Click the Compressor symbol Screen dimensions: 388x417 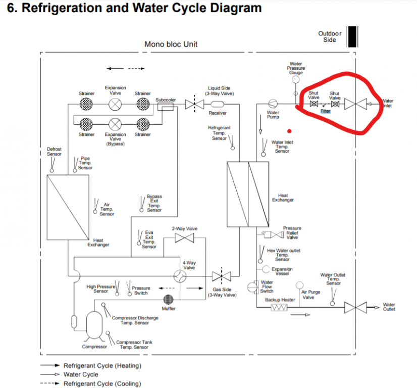94,325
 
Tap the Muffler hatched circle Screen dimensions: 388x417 169,300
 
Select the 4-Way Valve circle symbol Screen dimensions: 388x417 179,276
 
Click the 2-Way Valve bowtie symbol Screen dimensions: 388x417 181,237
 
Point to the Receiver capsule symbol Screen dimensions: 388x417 218,104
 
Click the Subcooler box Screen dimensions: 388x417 165,105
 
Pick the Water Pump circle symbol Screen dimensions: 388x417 273,104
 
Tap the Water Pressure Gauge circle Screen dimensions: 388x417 296,79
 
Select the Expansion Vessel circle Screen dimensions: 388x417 266,269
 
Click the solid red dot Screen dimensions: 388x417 289,130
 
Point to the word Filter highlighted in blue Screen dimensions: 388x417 325,111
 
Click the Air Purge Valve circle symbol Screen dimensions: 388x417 300,285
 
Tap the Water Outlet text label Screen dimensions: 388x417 389,307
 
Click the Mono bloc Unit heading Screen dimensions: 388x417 171,44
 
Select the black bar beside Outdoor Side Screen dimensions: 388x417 352,36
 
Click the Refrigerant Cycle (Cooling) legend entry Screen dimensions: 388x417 102,383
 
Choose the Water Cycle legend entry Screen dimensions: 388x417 81,374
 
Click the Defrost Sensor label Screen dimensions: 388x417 54,152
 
